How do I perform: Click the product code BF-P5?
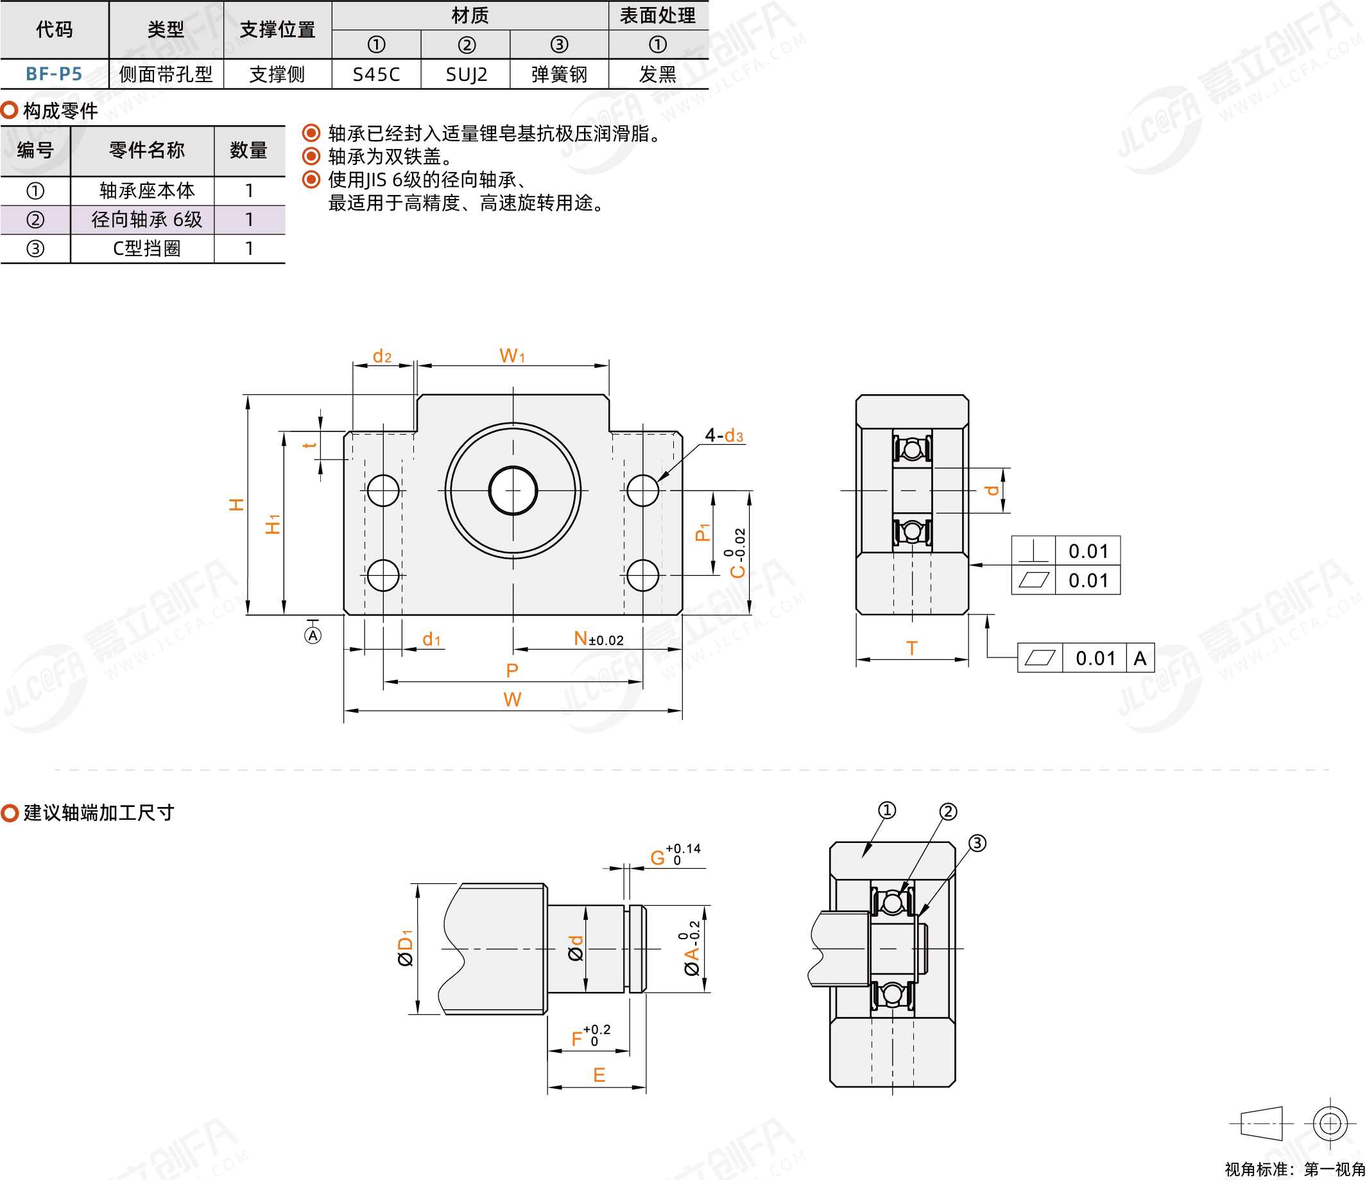click(x=54, y=74)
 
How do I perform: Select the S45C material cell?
click(x=376, y=74)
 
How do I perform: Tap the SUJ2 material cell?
click(x=467, y=74)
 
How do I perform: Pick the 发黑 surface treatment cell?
click(x=658, y=74)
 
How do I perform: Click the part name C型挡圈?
click(x=146, y=249)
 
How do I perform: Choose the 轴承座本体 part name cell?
click(x=146, y=191)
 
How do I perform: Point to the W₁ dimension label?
click(x=513, y=356)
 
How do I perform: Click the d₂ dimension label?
click(x=382, y=356)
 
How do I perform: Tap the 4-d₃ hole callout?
click(x=724, y=435)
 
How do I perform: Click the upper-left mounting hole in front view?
click(x=383, y=490)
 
